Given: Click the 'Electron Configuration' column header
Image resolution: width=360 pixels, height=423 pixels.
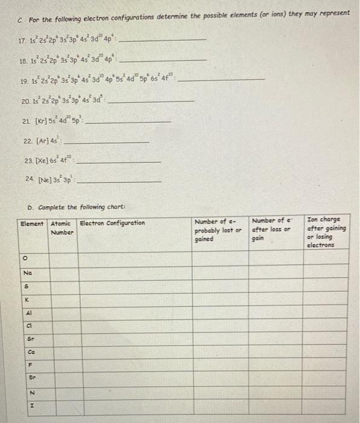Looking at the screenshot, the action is click(x=112, y=223).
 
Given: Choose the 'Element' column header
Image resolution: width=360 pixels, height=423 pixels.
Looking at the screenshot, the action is click(x=32, y=223).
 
